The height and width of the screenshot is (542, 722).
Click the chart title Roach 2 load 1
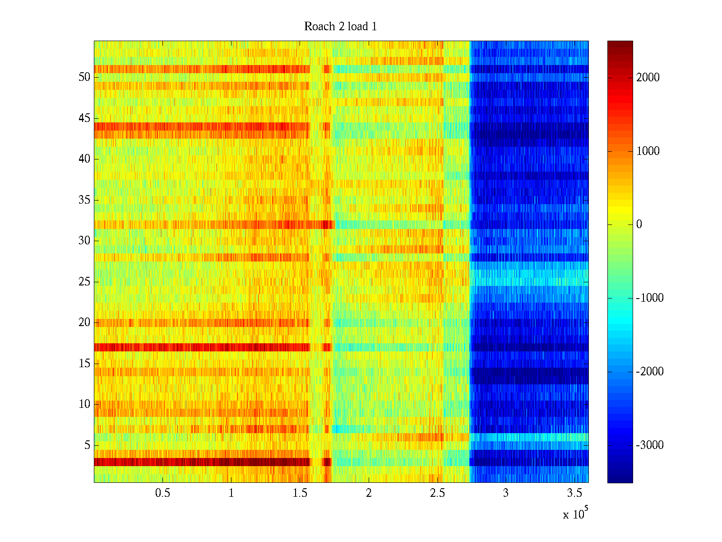point(340,27)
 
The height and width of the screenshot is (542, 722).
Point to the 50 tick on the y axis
point(84,77)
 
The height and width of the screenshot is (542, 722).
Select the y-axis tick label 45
point(84,118)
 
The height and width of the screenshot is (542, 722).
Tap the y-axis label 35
point(84,200)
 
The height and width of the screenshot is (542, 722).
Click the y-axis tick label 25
point(84,282)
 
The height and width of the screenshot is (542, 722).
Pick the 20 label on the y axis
point(84,322)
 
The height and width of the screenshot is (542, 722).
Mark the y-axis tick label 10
point(84,404)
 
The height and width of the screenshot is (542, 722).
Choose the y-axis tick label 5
point(87,445)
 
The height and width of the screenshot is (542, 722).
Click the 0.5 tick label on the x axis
point(162,493)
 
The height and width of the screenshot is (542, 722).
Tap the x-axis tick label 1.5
point(300,493)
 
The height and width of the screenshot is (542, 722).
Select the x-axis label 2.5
point(437,493)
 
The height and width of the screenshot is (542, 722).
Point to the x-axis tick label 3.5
point(574,493)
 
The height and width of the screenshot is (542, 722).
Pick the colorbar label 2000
point(648,78)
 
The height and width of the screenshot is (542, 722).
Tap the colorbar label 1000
point(648,151)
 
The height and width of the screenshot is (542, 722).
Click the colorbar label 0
point(639,224)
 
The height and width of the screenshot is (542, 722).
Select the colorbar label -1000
point(650,298)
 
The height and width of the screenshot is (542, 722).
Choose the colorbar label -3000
point(650,445)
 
